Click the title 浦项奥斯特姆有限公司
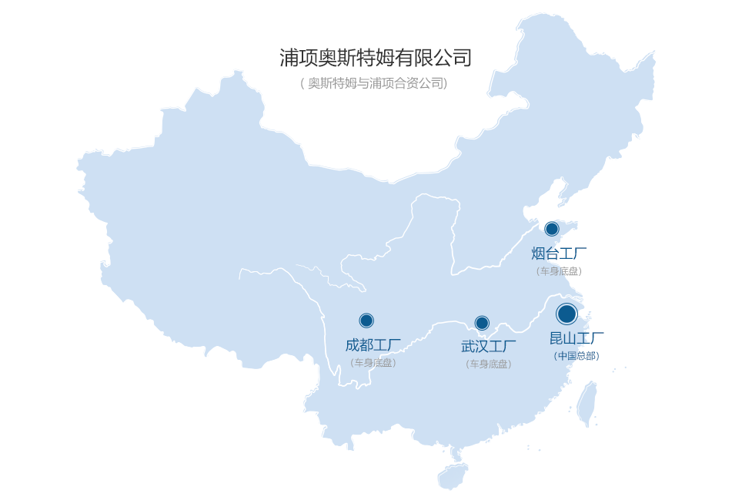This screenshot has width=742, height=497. [x=375, y=58]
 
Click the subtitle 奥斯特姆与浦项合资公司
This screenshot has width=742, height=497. [x=374, y=83]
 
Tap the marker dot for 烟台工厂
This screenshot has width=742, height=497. [x=552, y=229]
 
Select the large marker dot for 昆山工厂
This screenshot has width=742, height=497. [x=567, y=314]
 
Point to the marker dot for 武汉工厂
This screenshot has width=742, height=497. [x=482, y=323]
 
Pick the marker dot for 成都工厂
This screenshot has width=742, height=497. [x=366, y=321]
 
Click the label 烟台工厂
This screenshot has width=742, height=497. [x=560, y=254]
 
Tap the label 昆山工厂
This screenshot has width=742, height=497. [x=577, y=338]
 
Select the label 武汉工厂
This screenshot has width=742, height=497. [x=489, y=347]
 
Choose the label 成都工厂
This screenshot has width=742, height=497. [x=373, y=344]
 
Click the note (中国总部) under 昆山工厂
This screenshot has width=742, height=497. [x=577, y=356]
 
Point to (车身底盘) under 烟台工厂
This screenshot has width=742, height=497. [x=560, y=271]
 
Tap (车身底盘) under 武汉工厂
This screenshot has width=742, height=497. [x=489, y=364]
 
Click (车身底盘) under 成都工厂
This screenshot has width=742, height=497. [x=373, y=362]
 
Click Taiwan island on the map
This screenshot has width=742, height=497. [x=587, y=403]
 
